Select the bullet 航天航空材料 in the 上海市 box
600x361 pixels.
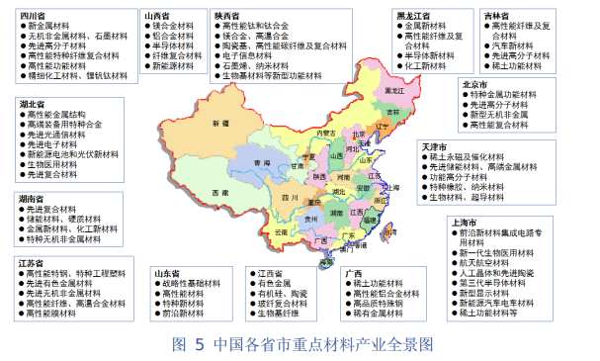[488, 262]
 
